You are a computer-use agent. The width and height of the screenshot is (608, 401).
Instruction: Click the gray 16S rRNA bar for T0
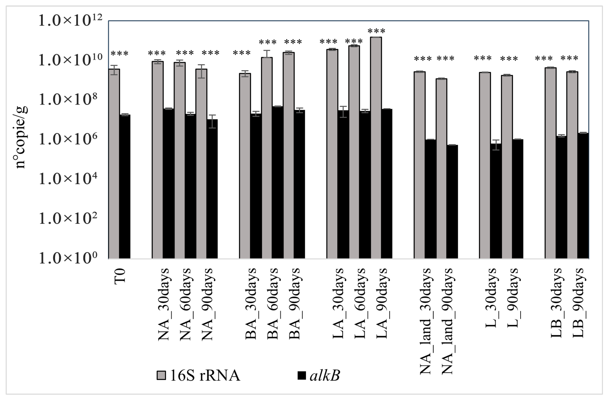tap(114, 164)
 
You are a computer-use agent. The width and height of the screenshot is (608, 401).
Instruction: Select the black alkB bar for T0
tap(125, 187)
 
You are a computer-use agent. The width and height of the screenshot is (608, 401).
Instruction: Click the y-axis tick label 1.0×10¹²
tap(70, 20)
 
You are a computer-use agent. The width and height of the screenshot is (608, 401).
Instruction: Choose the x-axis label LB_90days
tap(578, 303)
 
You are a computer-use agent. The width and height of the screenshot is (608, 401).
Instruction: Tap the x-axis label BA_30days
tap(251, 304)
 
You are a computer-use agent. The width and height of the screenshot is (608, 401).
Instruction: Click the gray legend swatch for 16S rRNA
tap(161, 376)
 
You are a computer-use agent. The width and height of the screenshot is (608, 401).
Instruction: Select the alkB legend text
tap(324, 376)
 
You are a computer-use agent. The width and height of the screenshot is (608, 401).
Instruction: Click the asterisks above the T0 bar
tap(119, 54)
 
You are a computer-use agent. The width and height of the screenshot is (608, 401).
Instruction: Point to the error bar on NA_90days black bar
tap(212, 121)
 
